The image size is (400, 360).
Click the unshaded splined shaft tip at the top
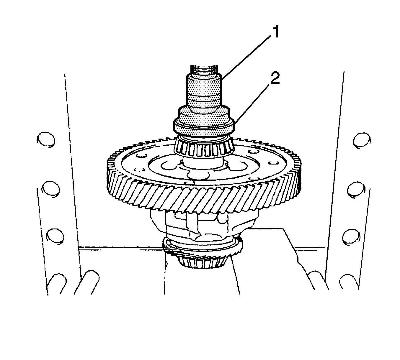click(x=204, y=70)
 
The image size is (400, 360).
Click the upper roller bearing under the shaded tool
click(x=203, y=146)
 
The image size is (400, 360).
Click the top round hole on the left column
click(x=46, y=140)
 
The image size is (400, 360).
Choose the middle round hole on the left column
click(x=51, y=189)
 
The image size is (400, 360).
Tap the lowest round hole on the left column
click(x=55, y=236)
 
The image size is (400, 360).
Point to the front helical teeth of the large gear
click(x=203, y=197)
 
